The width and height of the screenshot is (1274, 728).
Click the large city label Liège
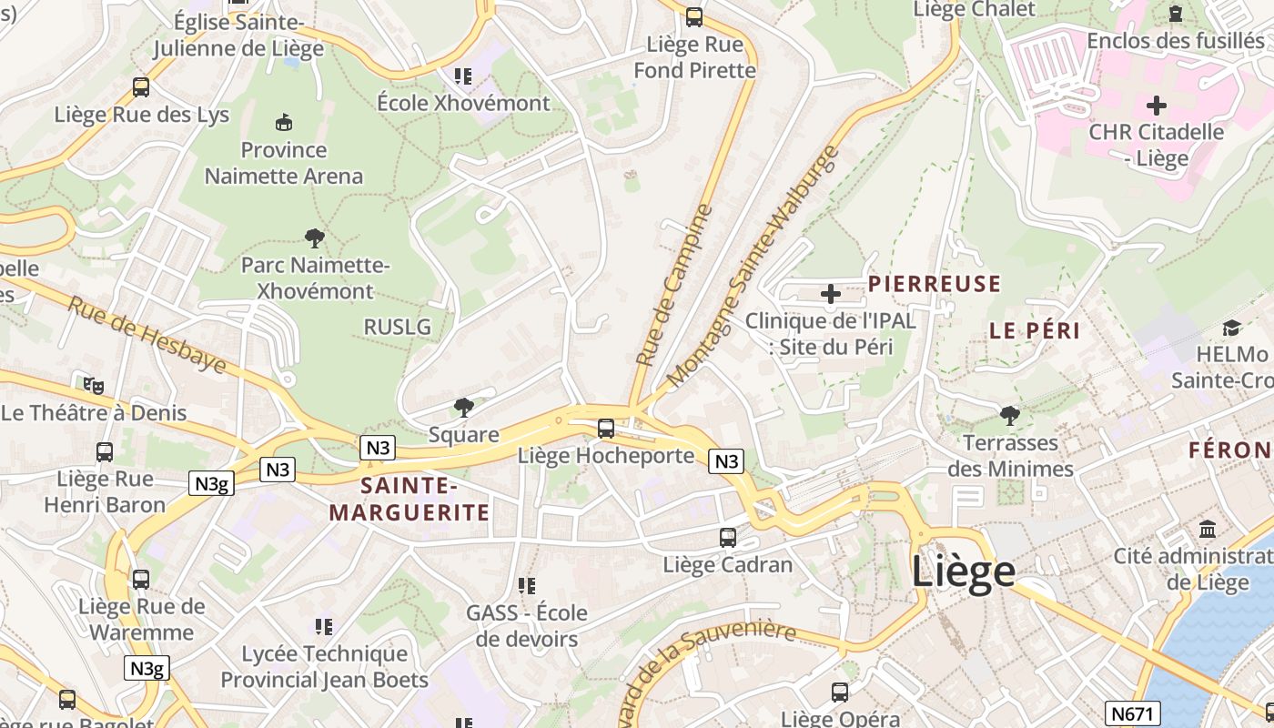click(x=963, y=571)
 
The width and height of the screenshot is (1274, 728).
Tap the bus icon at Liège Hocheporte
click(x=606, y=429)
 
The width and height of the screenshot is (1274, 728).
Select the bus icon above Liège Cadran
click(x=727, y=538)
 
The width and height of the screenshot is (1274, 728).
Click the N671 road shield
click(x=1133, y=713)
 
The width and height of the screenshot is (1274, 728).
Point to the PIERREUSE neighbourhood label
click(x=934, y=284)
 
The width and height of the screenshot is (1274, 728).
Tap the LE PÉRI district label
click(x=1035, y=331)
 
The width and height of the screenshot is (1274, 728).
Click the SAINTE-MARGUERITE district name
click(x=409, y=499)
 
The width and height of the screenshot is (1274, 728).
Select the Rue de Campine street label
click(x=673, y=286)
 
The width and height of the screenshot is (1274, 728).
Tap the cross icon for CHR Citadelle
click(x=1156, y=105)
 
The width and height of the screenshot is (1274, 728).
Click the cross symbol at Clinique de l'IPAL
click(x=830, y=294)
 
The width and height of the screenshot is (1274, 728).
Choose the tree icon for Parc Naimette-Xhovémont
click(x=315, y=238)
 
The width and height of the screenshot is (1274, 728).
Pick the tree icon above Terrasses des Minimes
click(x=1009, y=416)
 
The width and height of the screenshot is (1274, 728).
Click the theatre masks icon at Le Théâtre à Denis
click(x=93, y=386)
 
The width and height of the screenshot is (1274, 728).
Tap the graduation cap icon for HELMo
click(x=1231, y=328)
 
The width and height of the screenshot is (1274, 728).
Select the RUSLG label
click(x=397, y=327)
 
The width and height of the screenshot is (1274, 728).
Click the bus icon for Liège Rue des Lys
click(x=141, y=87)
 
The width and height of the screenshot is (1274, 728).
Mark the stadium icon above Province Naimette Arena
click(x=284, y=122)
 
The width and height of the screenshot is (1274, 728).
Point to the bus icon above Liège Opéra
click(x=840, y=693)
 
